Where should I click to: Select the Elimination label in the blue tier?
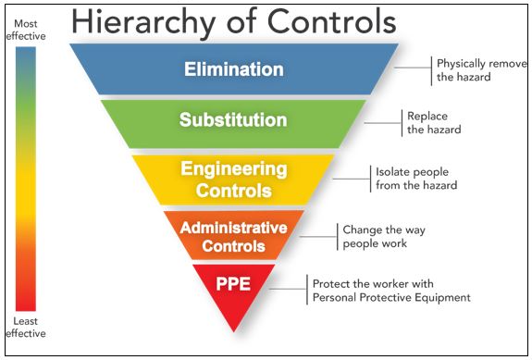pyautogui.click(x=233, y=69)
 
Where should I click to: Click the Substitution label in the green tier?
pyautogui.click(x=233, y=120)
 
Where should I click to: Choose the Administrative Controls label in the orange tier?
pyautogui.click(x=233, y=236)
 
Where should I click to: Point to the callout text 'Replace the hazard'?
pyautogui.click(x=433, y=123)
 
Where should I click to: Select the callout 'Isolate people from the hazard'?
pyautogui.click(x=416, y=179)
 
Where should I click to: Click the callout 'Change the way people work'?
pyautogui.click(x=374, y=236)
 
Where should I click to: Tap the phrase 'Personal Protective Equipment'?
pyautogui.click(x=391, y=297)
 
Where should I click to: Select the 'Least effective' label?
pyautogui.click(x=26, y=328)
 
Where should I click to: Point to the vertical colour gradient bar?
pyautogui.click(x=26, y=176)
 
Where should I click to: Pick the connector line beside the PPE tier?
pyautogui.click(x=291, y=289)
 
